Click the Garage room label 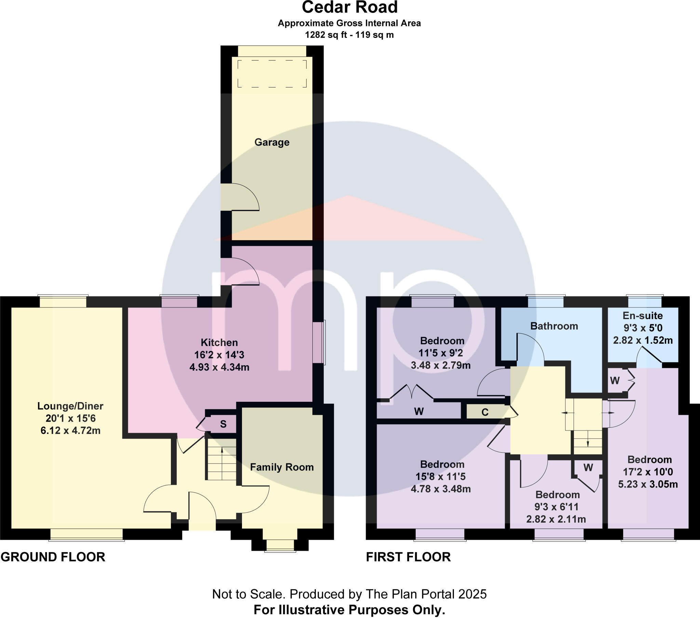272,142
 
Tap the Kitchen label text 219,342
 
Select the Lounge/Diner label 70,406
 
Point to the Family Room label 282,467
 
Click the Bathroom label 554,326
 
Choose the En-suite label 643,316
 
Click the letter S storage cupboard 223,424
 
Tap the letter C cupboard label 485,412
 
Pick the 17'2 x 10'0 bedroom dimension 648,472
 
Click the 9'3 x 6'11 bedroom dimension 556,507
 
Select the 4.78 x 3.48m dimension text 441,489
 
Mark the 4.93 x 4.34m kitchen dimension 219,367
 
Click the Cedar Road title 350,8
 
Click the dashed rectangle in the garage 272,73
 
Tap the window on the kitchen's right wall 319,342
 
